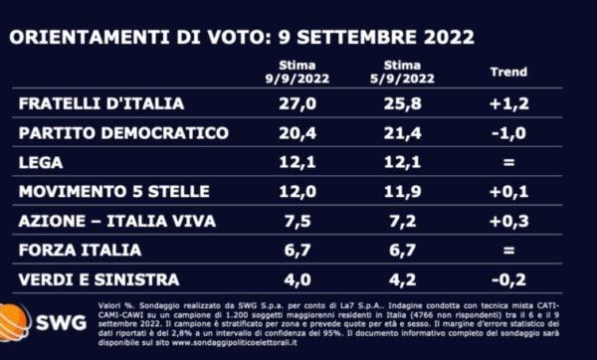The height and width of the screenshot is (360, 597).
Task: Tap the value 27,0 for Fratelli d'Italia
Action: tap(296, 103)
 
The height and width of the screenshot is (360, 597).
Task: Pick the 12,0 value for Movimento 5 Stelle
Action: tap(296, 191)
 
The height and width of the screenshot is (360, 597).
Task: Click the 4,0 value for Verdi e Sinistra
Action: tap(296, 279)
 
